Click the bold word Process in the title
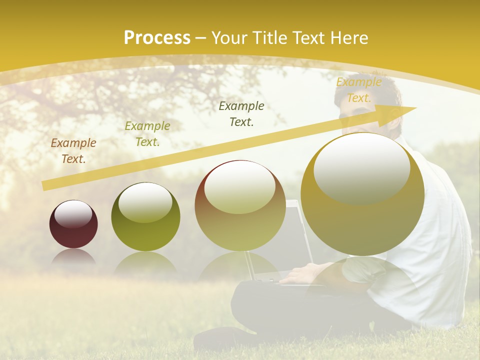157,37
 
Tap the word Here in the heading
349,37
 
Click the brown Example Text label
73,151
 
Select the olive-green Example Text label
147,134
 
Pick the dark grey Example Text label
241,113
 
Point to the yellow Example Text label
358,90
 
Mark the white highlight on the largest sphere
361,167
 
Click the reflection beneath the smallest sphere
73,257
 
